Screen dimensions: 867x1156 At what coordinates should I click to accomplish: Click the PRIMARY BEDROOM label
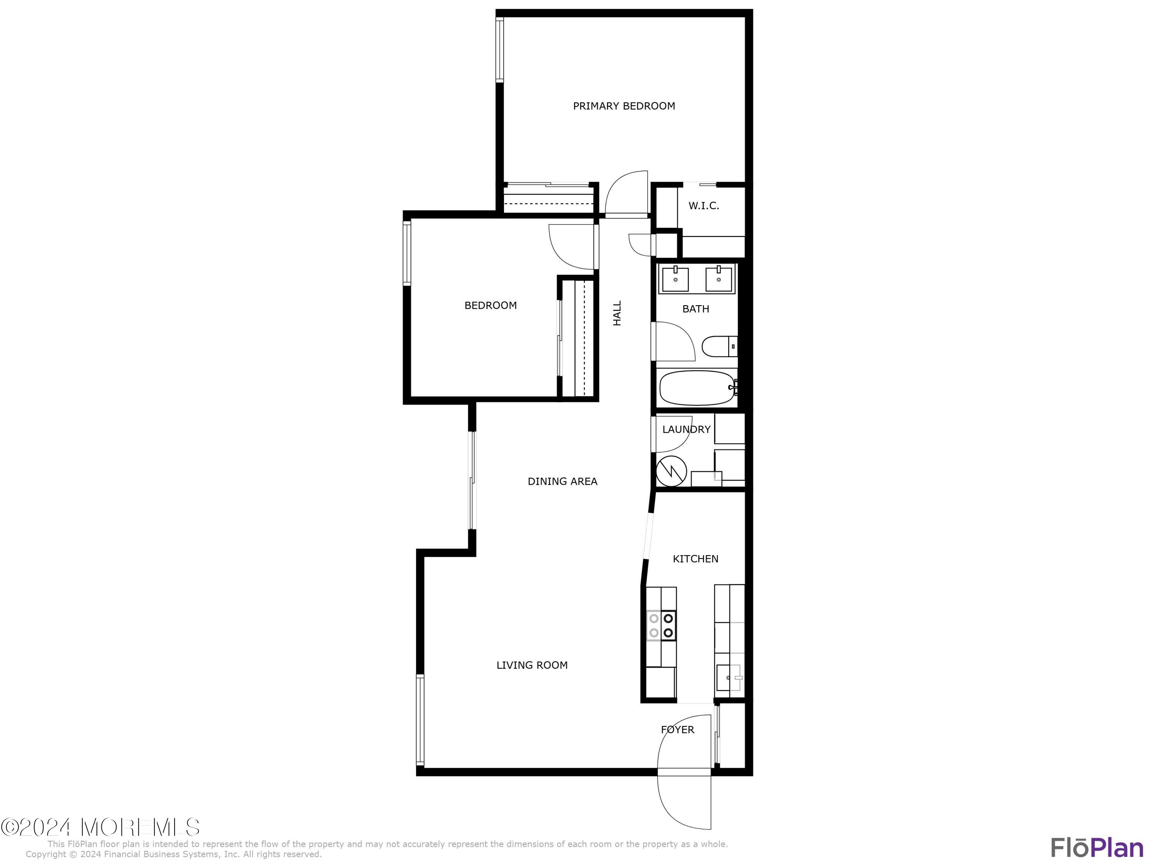[624, 106]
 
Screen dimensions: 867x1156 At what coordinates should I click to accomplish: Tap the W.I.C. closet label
[703, 206]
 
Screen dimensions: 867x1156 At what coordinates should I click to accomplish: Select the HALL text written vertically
[617, 313]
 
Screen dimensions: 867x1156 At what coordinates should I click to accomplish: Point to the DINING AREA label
[562, 481]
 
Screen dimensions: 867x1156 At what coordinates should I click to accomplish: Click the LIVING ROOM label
[532, 665]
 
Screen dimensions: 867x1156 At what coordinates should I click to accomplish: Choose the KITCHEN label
[696, 559]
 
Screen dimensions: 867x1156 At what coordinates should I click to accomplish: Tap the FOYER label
[677, 729]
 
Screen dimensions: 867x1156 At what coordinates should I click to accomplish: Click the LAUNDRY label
[686, 430]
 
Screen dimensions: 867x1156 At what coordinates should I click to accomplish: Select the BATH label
[696, 309]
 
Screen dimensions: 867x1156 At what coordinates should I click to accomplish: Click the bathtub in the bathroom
[697, 388]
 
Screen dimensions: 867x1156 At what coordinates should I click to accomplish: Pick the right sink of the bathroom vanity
[719, 279]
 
